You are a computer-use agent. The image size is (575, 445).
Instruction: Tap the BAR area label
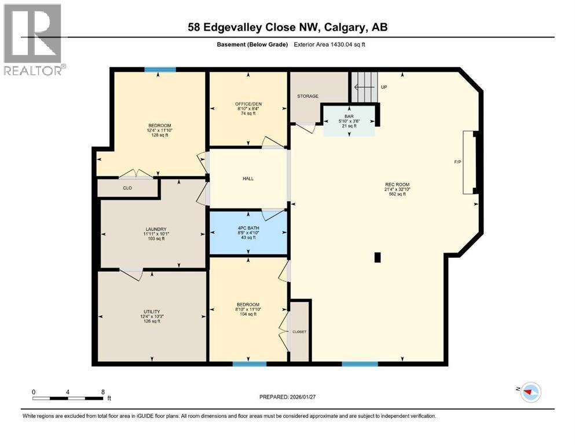click(x=349, y=115)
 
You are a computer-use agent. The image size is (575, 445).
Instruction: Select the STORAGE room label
click(x=307, y=96)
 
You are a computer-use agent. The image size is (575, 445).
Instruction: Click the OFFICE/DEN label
click(x=248, y=104)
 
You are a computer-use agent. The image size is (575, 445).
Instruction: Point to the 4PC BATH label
click(x=248, y=228)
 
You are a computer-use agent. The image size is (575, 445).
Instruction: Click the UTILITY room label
click(x=152, y=311)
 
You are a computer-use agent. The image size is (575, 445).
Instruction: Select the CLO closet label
click(x=127, y=188)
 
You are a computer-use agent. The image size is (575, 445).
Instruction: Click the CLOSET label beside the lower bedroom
click(x=299, y=332)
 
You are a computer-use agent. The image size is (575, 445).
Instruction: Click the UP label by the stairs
click(x=383, y=87)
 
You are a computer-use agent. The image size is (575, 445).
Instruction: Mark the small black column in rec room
click(x=378, y=258)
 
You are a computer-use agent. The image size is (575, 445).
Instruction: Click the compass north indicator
click(x=529, y=392)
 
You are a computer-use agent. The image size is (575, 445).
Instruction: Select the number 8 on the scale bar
click(x=102, y=392)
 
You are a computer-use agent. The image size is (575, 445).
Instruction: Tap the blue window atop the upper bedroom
click(x=160, y=70)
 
